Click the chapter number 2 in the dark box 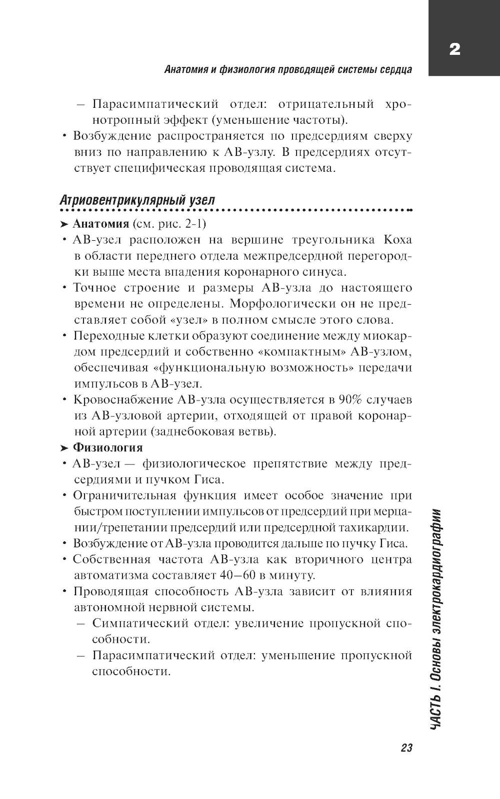[454, 49]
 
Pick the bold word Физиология [107, 447]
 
